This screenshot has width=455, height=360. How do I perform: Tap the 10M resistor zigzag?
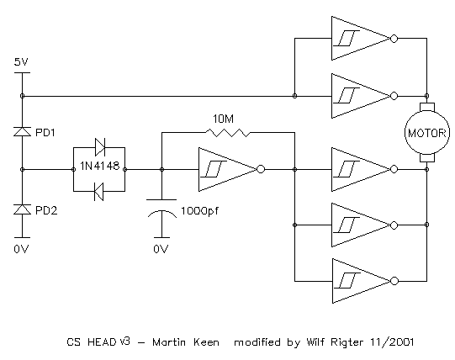tap(228, 133)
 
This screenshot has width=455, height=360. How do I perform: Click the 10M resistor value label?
tap(223, 119)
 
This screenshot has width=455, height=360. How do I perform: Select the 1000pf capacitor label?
tap(199, 211)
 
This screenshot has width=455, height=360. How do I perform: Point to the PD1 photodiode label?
tap(45, 133)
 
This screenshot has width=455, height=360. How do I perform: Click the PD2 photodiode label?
tap(46, 210)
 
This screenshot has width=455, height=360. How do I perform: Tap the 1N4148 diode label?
tap(99, 166)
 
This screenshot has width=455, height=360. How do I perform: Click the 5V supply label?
tap(21, 62)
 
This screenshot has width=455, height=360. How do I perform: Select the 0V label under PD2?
tap(21, 249)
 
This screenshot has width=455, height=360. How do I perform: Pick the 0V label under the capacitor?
tap(161, 249)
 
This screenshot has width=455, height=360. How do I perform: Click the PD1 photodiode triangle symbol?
tap(22, 131)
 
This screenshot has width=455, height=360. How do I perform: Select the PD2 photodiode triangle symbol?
tap(22, 209)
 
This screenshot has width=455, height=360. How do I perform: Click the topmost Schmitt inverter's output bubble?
tap(394, 39)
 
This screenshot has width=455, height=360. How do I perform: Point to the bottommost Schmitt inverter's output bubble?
tap(394, 281)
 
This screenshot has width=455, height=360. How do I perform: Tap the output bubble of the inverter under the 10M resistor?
tap(261, 169)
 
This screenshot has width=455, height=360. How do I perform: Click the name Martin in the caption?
tap(169, 342)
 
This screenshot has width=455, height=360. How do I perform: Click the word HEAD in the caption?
tap(102, 342)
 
